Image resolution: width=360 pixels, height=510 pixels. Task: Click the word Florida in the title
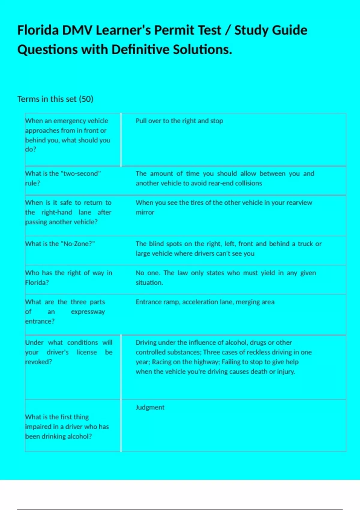[38, 30]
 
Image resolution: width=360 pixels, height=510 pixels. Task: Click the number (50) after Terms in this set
[86, 99]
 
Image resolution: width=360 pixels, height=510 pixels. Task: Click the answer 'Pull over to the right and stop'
[179, 121]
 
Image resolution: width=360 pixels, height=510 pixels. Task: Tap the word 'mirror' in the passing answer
[145, 212]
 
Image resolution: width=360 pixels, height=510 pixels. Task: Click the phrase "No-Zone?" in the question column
[78, 244]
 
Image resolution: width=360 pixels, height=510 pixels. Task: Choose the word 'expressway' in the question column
[88, 312]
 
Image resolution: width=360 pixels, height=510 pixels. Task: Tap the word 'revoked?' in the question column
[38, 362]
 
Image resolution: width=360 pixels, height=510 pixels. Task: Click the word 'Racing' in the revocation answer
[161, 362]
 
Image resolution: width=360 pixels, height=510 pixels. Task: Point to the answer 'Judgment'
[150, 407]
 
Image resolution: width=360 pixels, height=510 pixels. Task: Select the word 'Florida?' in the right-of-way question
[37, 283]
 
